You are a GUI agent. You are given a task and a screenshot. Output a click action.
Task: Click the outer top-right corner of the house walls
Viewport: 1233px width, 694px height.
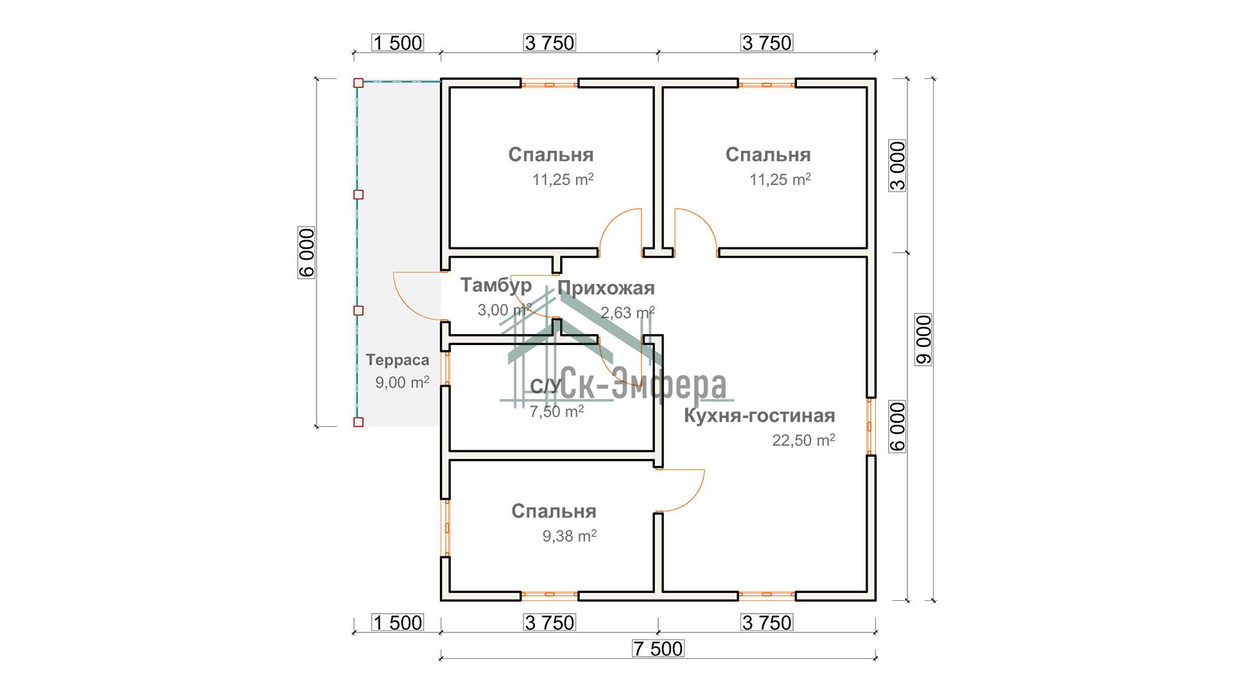[876, 79]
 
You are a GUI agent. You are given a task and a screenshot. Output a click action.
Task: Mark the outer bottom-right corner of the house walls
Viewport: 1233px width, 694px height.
[876, 600]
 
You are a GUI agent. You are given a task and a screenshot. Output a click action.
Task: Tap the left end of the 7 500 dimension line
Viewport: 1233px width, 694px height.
[441, 657]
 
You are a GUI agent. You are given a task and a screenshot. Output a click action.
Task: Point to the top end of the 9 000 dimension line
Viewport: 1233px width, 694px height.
[932, 78]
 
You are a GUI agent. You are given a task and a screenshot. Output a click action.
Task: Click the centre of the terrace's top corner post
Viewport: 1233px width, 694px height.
[358, 83]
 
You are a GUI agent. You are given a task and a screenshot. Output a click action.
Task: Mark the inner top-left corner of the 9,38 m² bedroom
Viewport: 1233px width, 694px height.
[450, 461]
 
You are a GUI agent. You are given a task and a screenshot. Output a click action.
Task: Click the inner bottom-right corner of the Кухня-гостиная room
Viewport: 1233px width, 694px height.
[867, 591]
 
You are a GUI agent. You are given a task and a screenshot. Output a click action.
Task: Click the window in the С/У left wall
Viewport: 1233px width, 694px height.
[445, 368]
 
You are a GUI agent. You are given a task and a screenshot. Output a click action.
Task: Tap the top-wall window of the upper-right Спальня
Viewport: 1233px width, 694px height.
[767, 83]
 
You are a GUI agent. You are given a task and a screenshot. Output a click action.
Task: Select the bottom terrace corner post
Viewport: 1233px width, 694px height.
[358, 422]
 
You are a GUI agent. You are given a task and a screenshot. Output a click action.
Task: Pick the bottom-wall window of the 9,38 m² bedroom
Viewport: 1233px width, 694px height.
[550, 596]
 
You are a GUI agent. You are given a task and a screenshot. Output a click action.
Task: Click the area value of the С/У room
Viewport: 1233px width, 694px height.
[557, 411]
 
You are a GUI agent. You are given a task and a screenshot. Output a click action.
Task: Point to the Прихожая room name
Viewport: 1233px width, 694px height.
[606, 288]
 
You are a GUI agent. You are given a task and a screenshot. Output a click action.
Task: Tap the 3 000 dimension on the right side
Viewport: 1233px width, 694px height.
[898, 165]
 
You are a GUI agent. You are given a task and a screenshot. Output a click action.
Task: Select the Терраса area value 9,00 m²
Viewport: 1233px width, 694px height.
[402, 382]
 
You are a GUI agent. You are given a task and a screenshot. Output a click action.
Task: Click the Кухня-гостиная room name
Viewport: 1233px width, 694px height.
[759, 416]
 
